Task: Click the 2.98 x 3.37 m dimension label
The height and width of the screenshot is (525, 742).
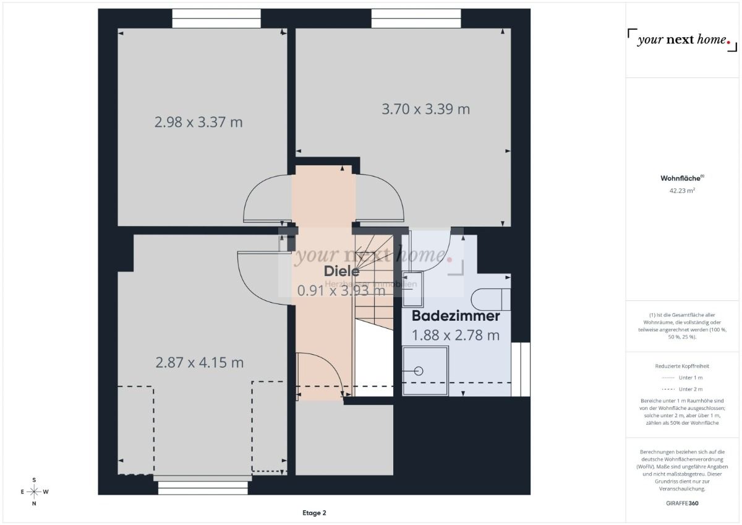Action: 198,122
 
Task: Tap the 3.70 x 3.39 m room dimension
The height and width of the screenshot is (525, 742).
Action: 425,109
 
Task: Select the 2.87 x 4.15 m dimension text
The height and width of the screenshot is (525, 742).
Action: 199,363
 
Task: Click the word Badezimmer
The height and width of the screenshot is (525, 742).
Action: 456,316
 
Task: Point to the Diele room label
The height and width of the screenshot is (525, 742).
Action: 341,271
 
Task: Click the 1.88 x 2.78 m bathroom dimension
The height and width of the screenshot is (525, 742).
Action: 456,336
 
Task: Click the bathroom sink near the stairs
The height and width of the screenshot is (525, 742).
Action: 413,288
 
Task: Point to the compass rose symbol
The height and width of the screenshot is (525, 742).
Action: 34,492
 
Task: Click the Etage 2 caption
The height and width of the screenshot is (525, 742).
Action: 314,513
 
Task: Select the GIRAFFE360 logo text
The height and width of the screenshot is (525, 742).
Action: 682,503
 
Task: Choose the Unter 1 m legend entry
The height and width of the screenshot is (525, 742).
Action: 682,377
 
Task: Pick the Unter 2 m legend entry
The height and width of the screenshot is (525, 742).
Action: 682,389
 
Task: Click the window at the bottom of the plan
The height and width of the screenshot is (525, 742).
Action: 203,488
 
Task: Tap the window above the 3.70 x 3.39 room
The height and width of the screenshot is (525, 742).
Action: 416,19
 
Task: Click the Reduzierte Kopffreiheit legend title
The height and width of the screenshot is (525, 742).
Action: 682,366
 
